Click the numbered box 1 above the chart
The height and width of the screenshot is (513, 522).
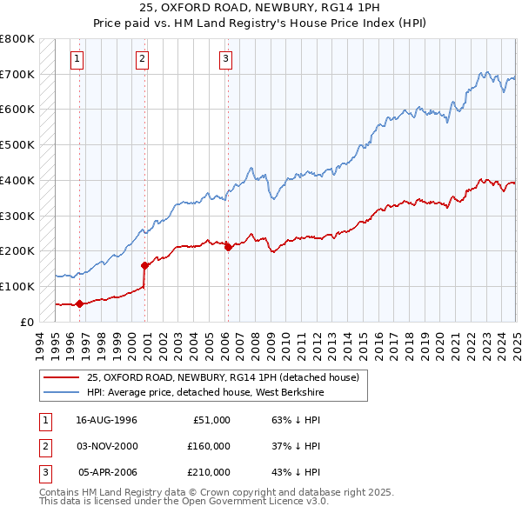(77, 59)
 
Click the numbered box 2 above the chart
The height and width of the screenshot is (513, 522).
(142, 59)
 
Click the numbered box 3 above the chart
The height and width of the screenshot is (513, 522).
(225, 59)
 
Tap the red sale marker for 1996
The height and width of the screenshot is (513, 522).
(79, 303)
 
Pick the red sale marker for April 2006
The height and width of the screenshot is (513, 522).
(228, 247)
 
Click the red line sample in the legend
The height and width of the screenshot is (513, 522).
(63, 376)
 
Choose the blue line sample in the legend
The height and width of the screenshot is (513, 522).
(63, 392)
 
